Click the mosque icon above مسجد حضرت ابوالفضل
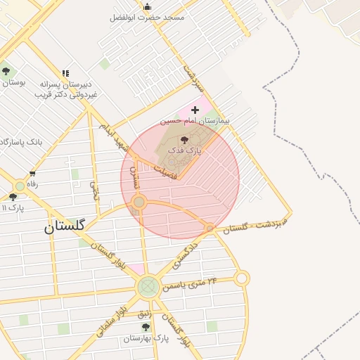tap(147, 7)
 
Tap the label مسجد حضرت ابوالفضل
tap(147, 17)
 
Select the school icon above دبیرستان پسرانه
tap(65, 73)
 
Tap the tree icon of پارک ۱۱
tap(13, 198)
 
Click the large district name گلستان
tap(64, 226)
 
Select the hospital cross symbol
tap(195, 110)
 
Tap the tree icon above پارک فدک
tap(185, 141)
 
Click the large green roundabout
tap(148, 286)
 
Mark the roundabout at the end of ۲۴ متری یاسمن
tap(242, 278)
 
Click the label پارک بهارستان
tap(146, 338)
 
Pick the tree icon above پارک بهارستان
tap(146, 327)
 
